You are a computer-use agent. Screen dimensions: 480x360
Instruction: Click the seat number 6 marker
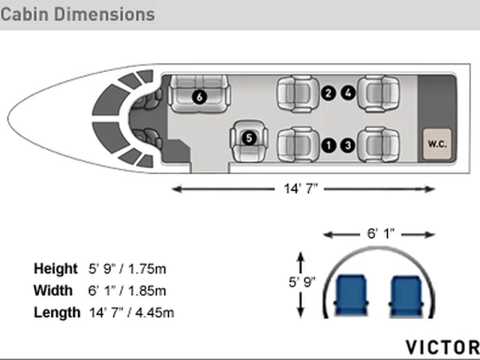199,97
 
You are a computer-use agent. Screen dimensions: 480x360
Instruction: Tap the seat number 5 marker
249,138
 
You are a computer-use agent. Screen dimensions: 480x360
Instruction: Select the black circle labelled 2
328,93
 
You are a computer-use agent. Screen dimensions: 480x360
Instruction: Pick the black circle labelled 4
348,93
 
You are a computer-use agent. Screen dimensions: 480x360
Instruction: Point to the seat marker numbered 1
328,145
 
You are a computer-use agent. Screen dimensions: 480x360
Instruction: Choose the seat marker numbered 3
348,145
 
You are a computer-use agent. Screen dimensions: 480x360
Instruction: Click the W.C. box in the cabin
437,144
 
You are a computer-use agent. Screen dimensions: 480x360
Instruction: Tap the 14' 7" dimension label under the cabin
301,188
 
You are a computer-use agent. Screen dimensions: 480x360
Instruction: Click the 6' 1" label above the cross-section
380,234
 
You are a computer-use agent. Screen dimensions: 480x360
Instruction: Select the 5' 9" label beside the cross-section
301,282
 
